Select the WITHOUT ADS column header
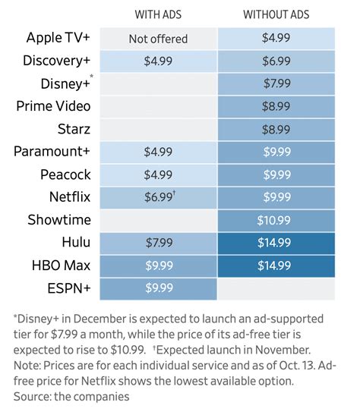click(276, 14)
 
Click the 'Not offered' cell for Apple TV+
click(158, 39)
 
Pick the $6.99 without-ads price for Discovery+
click(276, 61)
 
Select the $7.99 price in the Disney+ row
click(276, 83)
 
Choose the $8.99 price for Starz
click(276, 129)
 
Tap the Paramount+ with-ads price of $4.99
click(158, 152)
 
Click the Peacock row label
click(65, 174)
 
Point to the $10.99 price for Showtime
click(276, 220)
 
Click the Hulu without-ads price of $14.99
click(276, 243)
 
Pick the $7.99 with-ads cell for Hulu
click(158, 243)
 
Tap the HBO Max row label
click(60, 266)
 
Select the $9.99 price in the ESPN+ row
click(158, 288)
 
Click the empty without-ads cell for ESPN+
click(276, 288)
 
